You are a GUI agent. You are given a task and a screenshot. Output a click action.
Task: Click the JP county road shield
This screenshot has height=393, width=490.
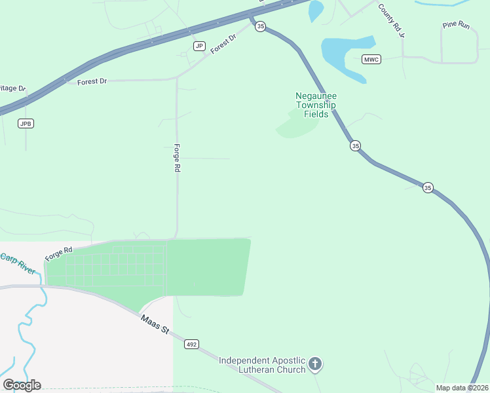tap(200, 46)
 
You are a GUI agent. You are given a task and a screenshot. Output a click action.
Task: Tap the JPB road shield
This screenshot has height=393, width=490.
tap(26, 124)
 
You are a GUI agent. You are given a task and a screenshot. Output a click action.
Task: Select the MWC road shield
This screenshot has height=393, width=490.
tap(371, 60)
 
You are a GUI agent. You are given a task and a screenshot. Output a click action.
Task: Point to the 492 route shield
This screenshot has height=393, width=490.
tap(191, 345)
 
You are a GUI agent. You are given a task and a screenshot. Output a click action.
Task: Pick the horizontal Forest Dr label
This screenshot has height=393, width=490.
tap(92, 82)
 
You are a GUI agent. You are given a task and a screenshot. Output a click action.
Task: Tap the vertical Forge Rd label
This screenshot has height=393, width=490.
tap(177, 158)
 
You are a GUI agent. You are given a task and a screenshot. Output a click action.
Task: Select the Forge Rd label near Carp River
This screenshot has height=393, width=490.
tap(59, 251)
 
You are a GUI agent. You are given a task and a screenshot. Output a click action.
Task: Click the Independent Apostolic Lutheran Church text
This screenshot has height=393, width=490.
tap(262, 365)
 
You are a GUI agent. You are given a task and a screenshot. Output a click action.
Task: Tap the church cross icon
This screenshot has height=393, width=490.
tap(315, 364)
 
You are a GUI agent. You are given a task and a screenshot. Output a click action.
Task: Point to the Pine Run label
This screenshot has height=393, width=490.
tap(456, 25)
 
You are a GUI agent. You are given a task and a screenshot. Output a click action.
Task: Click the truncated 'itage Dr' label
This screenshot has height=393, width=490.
tap(12, 88)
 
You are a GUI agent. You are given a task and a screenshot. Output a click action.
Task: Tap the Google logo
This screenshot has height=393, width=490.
tap(22, 385)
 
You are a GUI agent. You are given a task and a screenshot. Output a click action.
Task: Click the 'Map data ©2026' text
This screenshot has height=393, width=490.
tap(462, 388)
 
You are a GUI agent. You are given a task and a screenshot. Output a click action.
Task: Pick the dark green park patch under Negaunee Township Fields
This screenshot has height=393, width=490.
tap(296, 124)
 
